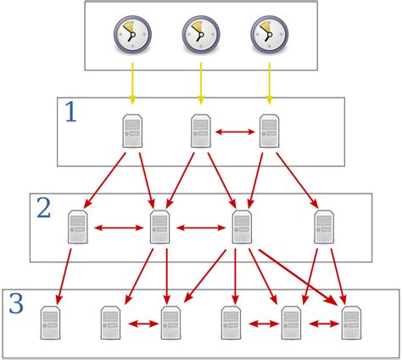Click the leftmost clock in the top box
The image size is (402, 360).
(132, 35)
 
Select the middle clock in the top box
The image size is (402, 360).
(201, 35)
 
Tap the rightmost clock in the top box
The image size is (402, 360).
(269, 35)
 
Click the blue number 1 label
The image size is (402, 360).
(70, 113)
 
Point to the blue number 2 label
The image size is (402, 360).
(42, 208)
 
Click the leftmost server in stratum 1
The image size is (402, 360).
(132, 132)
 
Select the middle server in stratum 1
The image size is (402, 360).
(201, 132)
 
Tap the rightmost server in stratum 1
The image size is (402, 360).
(270, 132)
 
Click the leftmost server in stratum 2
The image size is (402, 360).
(78, 228)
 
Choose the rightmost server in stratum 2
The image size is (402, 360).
(324, 228)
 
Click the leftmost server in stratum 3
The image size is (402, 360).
(53, 323)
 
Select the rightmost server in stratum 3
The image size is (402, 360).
(351, 323)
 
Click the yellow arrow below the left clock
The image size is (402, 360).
(132, 86)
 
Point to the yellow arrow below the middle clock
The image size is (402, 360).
(201, 86)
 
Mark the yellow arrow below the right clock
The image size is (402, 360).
(270, 86)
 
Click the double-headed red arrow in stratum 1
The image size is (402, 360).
(235, 132)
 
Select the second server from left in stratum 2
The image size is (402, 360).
(159, 228)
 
